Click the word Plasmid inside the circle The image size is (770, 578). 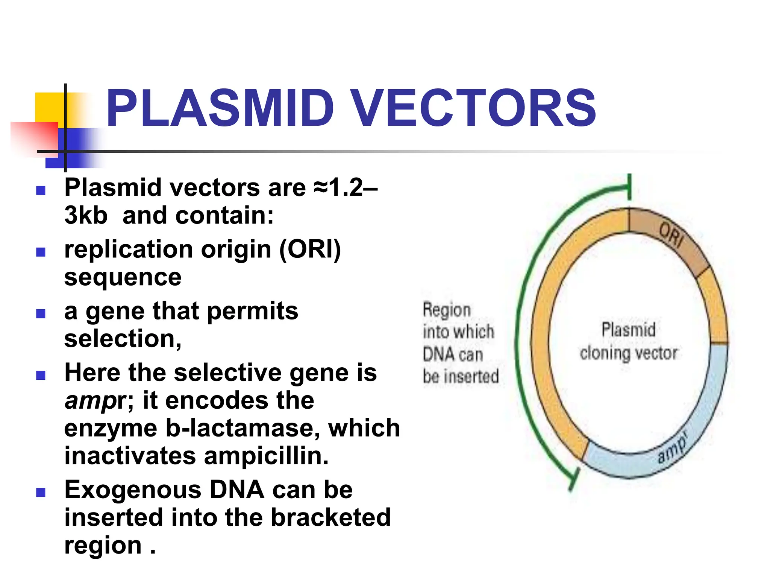point(628,330)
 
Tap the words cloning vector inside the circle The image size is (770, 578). point(628,353)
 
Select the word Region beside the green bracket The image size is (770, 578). point(447,310)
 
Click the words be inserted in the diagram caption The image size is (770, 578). point(461,376)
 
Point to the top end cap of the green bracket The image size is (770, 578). point(629,187)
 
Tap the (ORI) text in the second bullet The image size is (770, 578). point(310,249)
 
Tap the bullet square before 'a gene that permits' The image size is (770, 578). point(41,313)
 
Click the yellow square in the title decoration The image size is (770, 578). point(49,107)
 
